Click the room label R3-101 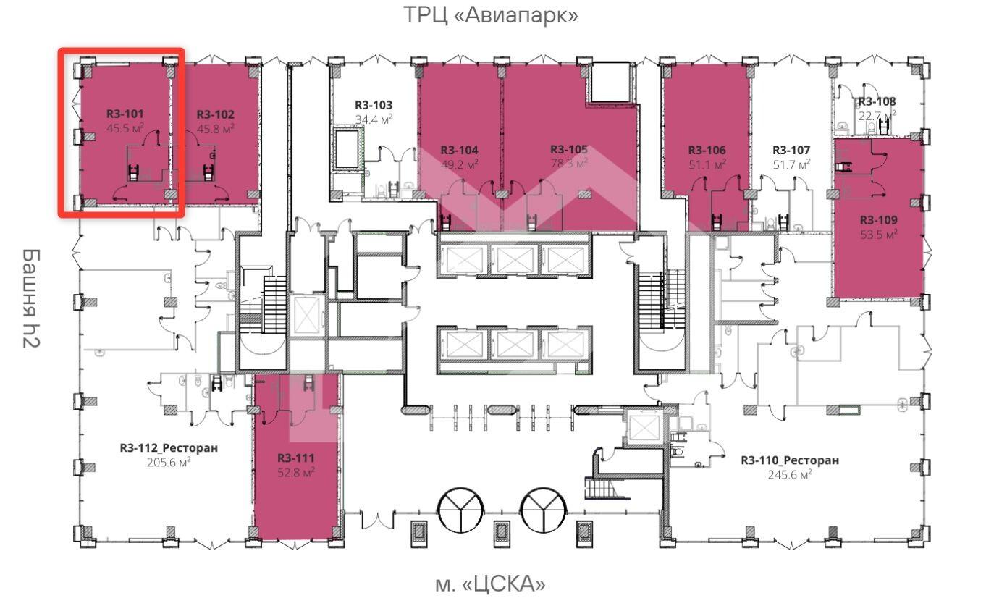(125, 114)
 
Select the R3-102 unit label (215, 114)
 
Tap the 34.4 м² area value (374, 120)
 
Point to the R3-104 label (460, 151)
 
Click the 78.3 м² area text (568, 164)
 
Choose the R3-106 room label (707, 151)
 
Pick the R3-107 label (791, 151)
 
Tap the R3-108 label (877, 102)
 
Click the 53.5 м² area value (879, 235)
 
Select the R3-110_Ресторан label (790, 460)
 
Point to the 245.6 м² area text (790, 475)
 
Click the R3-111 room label (296, 458)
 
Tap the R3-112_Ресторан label (169, 448)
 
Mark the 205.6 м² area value (169, 463)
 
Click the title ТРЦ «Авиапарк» (491, 14)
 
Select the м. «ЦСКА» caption (490, 584)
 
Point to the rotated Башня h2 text (31, 298)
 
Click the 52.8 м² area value (296, 473)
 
